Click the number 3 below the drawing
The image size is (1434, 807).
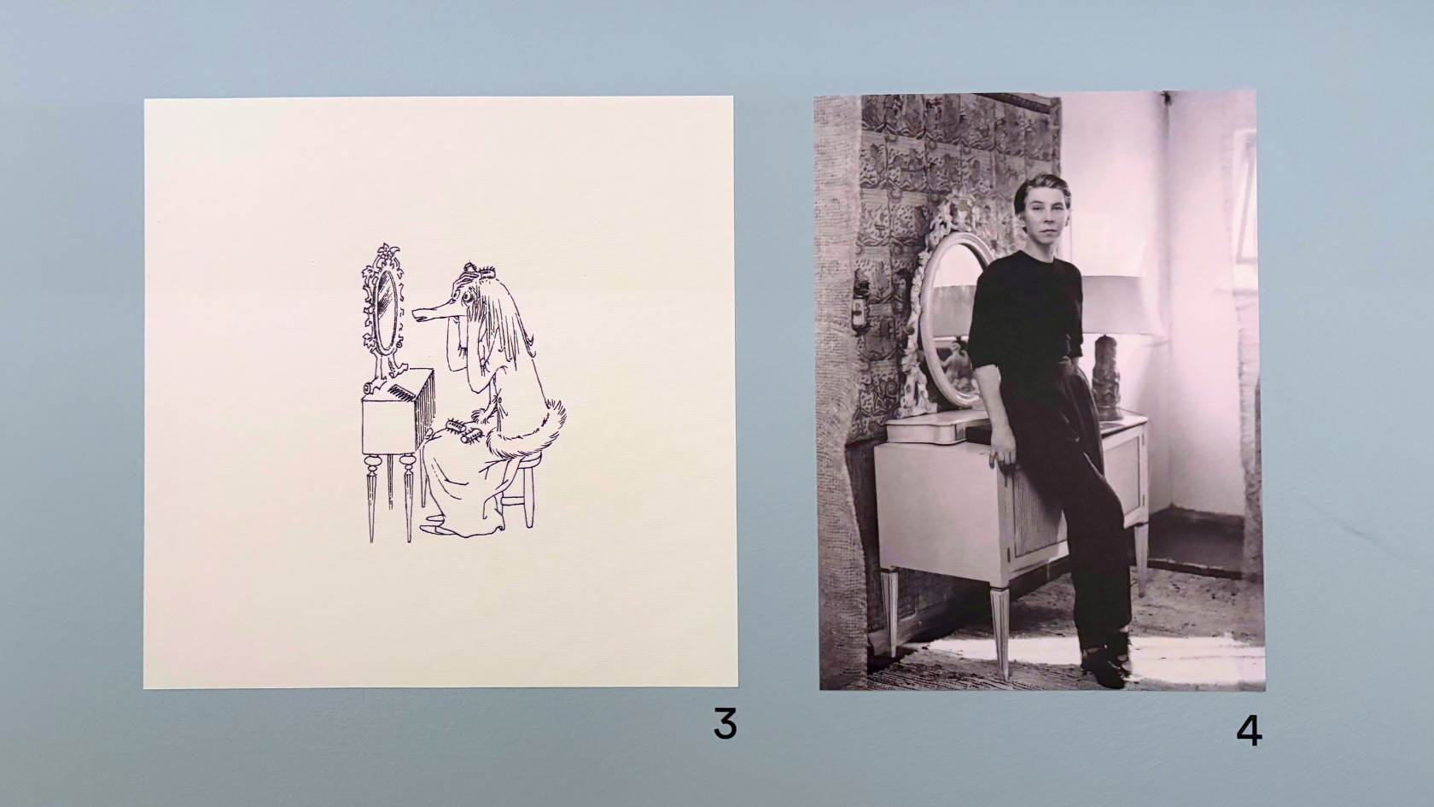point(726,723)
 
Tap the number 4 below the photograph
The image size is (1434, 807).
point(1249,731)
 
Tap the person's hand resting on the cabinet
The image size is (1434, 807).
point(1002,453)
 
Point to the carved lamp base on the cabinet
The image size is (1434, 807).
point(1108,377)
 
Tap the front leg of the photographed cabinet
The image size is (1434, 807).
point(1000,632)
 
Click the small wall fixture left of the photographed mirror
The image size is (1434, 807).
point(862,307)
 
